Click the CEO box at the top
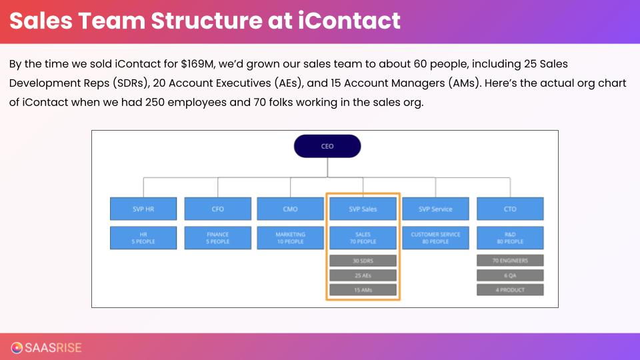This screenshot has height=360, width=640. click(327, 146)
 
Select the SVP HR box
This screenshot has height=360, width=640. click(143, 209)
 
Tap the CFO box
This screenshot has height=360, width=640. click(217, 209)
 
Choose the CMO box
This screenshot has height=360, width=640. click(290, 209)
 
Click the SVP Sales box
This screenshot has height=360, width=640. click(363, 209)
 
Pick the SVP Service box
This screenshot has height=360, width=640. click(435, 209)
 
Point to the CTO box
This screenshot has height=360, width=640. click(510, 209)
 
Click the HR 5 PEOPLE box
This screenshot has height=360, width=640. click(143, 238)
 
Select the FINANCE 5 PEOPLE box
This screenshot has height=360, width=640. click(217, 238)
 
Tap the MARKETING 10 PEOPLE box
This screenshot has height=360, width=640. click(290, 238)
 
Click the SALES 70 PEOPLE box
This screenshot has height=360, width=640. click(363, 238)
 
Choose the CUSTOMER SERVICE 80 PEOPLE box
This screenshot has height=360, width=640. click(435, 238)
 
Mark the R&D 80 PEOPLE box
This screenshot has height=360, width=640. click(510, 238)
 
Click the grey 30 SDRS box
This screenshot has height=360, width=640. click(363, 261)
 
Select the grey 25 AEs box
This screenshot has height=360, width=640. click(363, 275)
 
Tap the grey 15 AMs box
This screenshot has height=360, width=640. click(363, 290)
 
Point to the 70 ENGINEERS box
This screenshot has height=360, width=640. click(510, 261)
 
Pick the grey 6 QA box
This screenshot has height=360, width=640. click(510, 275)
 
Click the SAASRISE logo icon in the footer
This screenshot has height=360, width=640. click(17, 347)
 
